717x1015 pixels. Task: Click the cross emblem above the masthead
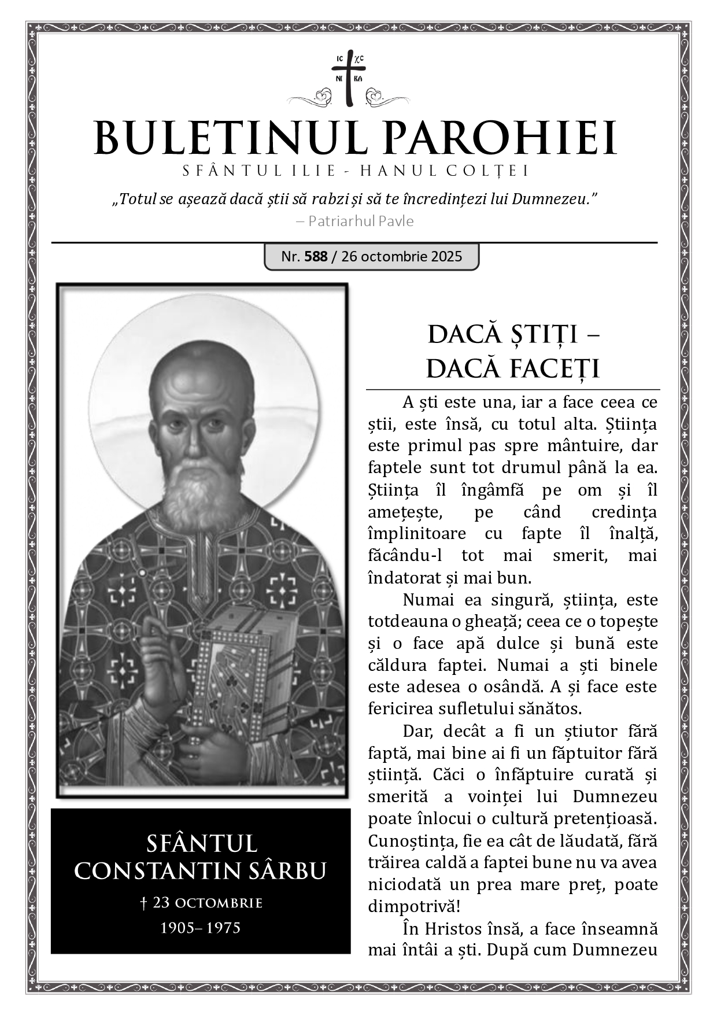349,79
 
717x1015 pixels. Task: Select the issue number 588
316,256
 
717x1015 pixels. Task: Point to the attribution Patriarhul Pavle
361,221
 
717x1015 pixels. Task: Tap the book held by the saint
243,665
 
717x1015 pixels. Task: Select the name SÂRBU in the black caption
289,870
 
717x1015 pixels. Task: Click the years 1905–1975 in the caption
200,928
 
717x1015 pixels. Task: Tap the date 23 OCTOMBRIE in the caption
207,903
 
